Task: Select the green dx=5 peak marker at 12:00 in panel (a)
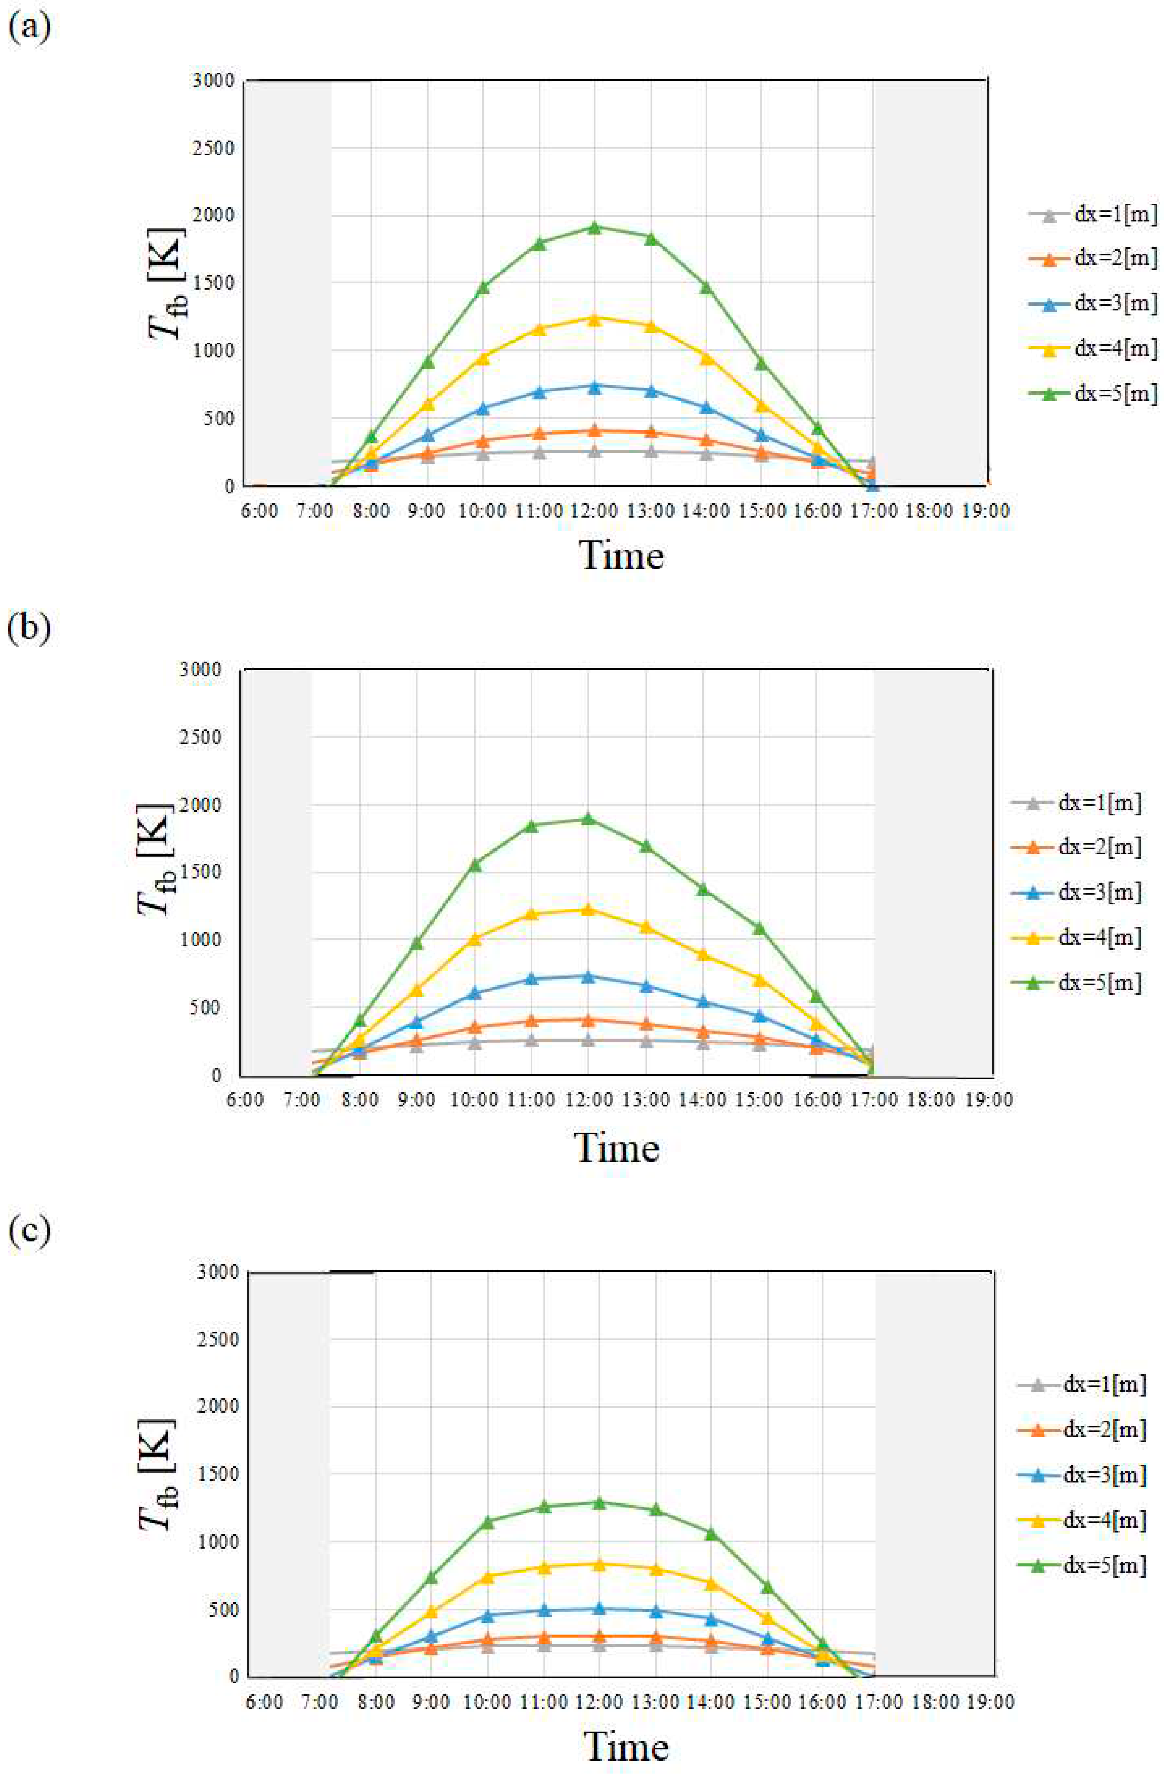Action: click(595, 227)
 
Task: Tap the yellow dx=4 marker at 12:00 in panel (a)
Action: click(595, 319)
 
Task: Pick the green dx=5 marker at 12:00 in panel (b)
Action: click(588, 818)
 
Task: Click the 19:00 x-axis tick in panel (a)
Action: click(986, 511)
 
